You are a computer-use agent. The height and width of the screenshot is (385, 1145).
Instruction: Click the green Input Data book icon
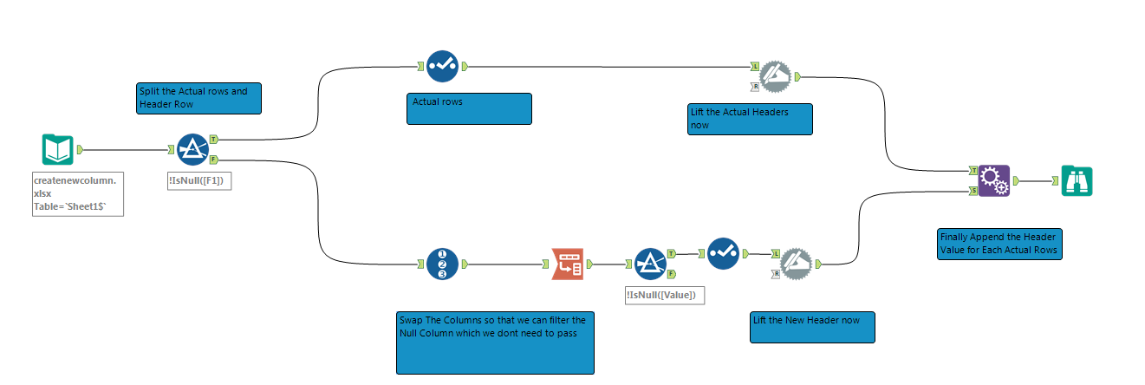57,150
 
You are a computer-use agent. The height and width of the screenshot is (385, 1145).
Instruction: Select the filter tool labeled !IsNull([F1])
192,150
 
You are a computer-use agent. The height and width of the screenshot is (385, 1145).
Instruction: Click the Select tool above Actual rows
442,66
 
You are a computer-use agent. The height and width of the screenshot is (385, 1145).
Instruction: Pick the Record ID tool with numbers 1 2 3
442,264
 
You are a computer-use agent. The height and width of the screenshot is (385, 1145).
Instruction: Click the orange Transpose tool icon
567,264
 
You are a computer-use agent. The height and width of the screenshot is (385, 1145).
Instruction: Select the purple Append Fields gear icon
994,181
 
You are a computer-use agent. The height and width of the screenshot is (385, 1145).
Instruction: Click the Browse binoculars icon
1077,181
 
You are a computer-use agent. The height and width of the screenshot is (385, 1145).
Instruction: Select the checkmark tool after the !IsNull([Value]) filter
722,254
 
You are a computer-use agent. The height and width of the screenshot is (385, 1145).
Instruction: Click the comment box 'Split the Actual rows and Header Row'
198,98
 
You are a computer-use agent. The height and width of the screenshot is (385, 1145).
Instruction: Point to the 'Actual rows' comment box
470,108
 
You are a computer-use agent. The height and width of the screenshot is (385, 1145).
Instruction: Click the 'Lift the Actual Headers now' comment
748,119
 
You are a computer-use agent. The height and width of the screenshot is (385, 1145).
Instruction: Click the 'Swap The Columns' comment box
495,342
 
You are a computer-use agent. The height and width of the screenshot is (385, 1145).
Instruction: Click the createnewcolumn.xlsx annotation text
79,193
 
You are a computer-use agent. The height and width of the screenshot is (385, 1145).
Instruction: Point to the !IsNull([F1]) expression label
198,181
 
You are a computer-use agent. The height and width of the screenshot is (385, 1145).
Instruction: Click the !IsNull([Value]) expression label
665,295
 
